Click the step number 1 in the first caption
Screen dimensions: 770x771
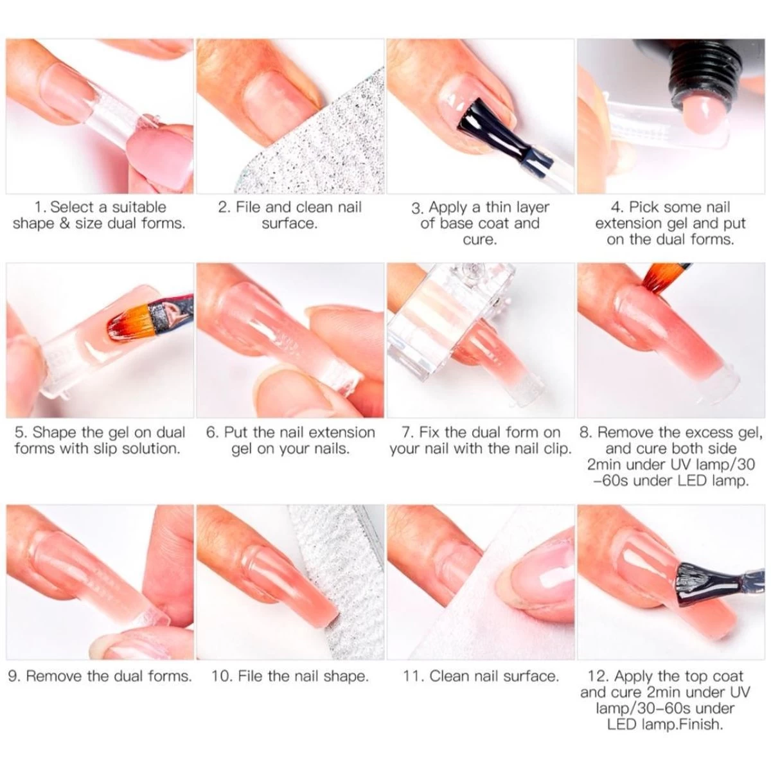[39, 208]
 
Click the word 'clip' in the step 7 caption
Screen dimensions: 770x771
[557, 449]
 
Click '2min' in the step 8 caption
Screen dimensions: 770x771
[607, 464]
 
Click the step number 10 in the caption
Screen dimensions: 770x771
[221, 676]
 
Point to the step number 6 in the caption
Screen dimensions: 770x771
[211, 433]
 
